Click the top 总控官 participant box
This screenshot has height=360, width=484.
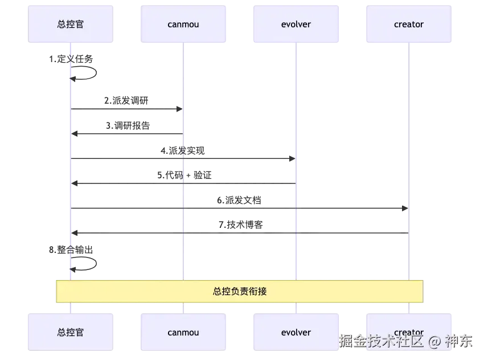tap(71, 24)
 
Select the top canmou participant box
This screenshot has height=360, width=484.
tap(183, 24)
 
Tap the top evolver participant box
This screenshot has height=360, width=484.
tap(296, 24)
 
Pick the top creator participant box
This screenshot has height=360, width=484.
tap(409, 24)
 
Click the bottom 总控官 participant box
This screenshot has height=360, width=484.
tap(71, 332)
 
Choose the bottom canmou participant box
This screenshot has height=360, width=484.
tap(183, 332)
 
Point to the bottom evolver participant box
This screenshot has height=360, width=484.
tap(296, 332)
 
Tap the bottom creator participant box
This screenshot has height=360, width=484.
tap(409, 332)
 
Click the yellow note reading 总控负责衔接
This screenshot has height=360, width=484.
tap(239, 291)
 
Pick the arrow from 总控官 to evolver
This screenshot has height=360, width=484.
tap(239, 157)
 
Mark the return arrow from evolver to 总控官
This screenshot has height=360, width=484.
tap(239, 184)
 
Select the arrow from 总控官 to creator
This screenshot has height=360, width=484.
tap(353, 208)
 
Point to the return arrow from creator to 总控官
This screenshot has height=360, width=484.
tap(353, 233)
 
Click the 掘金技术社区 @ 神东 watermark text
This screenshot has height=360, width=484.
tap(406, 341)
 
